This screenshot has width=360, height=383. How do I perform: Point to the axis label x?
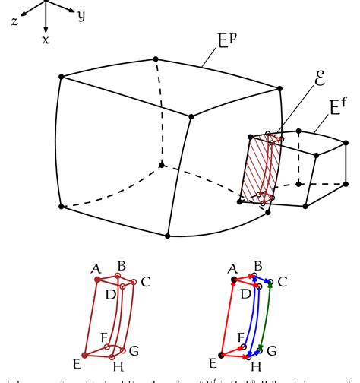click(46, 39)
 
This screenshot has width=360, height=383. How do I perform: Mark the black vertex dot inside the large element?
click(161, 164)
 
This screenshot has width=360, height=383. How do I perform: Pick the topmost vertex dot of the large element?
click(156, 58)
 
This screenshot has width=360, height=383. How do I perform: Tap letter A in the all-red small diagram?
click(96, 267)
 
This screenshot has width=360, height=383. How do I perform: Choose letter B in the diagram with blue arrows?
click(257, 266)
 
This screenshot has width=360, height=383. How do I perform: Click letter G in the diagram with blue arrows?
click(271, 350)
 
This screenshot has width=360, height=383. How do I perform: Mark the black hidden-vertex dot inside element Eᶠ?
click(299, 184)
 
